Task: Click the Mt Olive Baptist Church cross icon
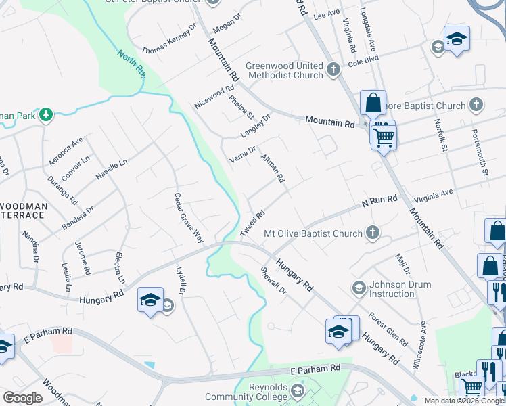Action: (371, 233)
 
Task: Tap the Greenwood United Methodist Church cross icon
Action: (333, 70)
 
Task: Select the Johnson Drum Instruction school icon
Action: (359, 289)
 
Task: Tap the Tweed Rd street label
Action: (252, 223)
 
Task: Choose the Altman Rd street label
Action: (273, 170)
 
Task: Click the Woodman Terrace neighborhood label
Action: (24, 210)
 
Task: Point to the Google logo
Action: (22, 398)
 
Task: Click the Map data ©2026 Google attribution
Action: (463, 401)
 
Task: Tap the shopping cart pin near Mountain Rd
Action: (384, 137)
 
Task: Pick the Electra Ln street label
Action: (120, 267)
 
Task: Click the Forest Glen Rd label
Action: (388, 330)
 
